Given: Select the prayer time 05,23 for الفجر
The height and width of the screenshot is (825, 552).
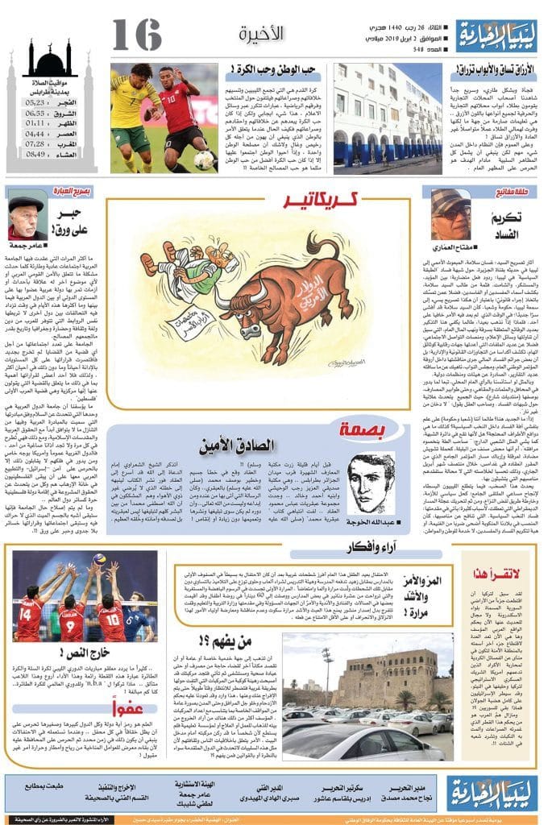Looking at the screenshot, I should point(35,103).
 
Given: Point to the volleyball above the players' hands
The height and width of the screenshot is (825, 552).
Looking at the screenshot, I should point(99,559).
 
